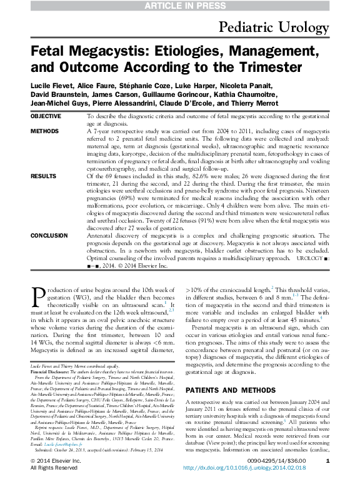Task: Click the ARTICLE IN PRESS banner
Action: click(x=179, y=6)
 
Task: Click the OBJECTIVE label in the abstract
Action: click(x=46, y=116)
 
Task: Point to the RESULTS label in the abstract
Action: click(x=43, y=176)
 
